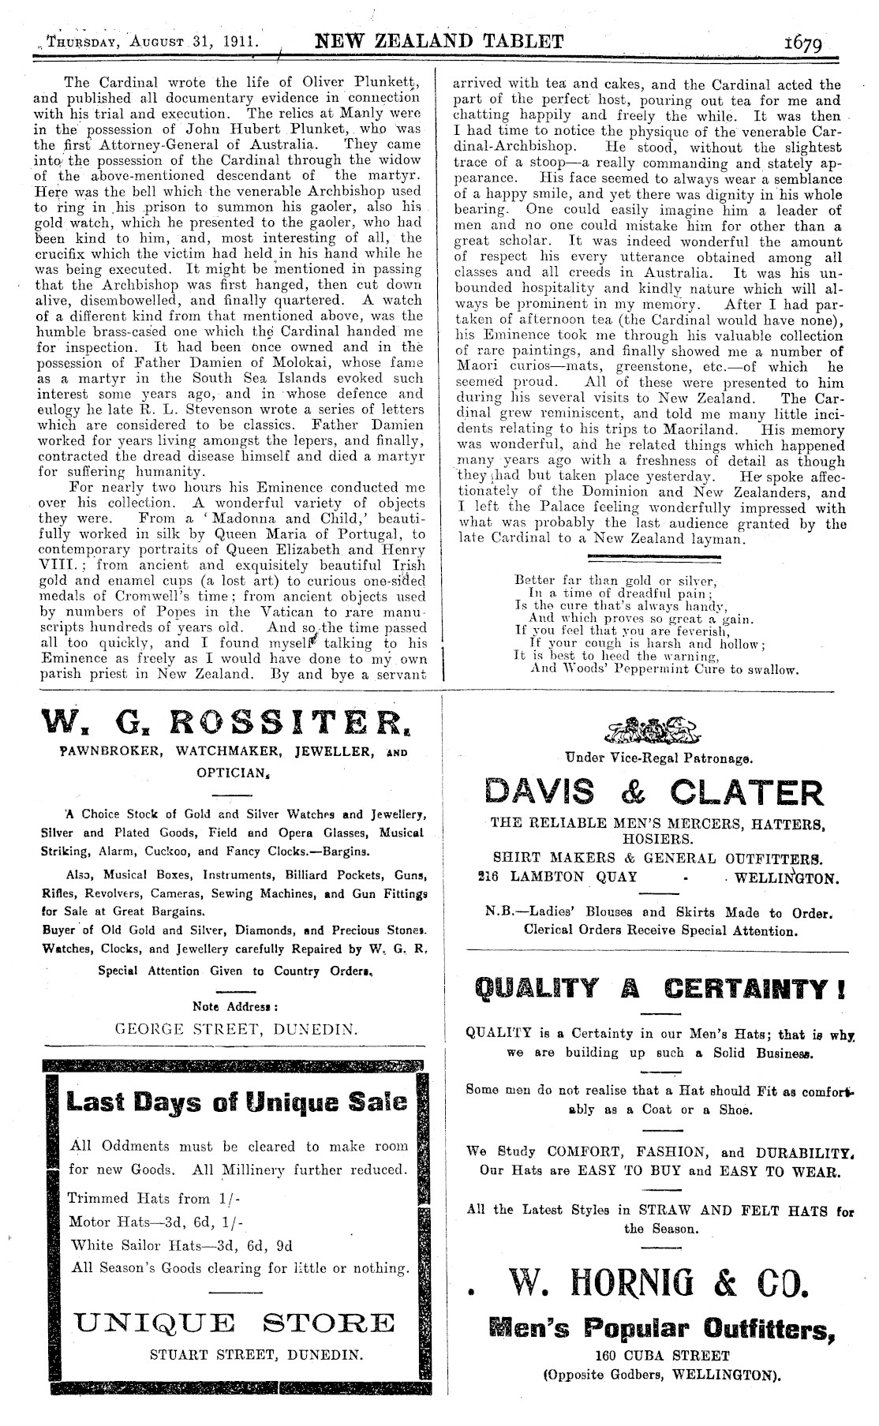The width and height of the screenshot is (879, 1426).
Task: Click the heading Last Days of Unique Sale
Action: point(237,1101)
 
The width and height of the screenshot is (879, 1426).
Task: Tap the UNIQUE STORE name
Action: point(233,1322)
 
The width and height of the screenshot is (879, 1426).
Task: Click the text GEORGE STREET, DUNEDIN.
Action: point(236,1029)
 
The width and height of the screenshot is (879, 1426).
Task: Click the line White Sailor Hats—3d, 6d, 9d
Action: point(181,1245)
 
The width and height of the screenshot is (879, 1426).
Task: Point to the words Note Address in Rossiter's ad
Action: point(235,1007)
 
